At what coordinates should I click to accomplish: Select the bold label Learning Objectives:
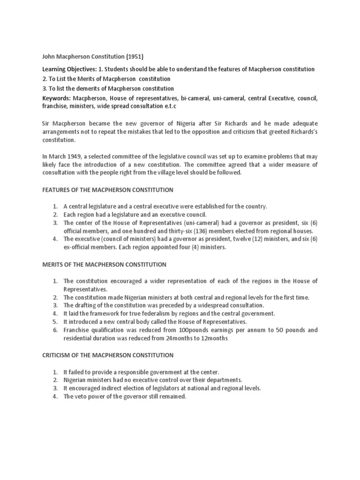pyautogui.click(x=67, y=69)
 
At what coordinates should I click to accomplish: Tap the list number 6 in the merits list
pyautogui.click(x=55, y=330)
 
